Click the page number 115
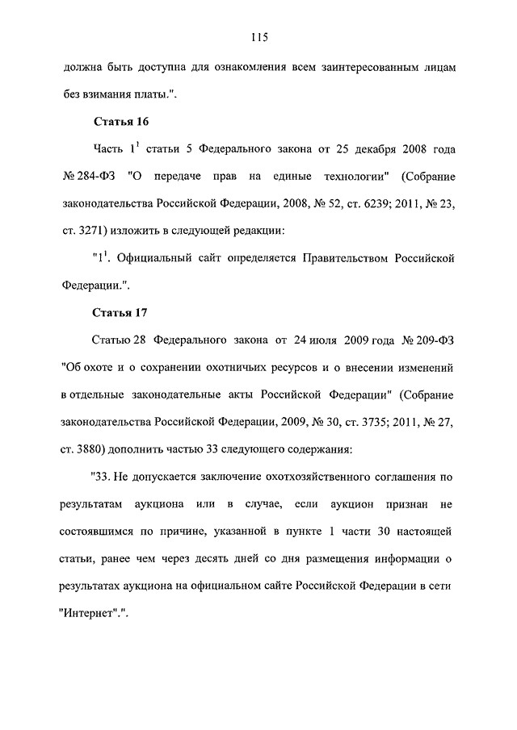tap(258, 37)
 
